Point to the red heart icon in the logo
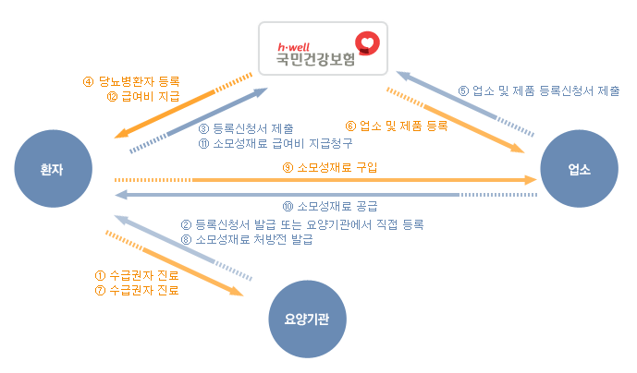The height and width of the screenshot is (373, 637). (x=369, y=43)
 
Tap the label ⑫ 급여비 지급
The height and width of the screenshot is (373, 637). (x=143, y=96)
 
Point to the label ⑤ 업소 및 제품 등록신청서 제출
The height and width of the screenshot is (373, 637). (x=539, y=91)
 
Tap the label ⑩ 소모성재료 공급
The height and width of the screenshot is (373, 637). (x=330, y=205)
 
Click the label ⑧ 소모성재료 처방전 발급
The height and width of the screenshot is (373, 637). (x=247, y=240)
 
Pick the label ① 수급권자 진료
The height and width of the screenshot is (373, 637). (x=138, y=274)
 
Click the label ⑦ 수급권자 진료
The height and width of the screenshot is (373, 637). (x=138, y=290)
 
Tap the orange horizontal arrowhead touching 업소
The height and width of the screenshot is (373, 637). (x=532, y=179)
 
